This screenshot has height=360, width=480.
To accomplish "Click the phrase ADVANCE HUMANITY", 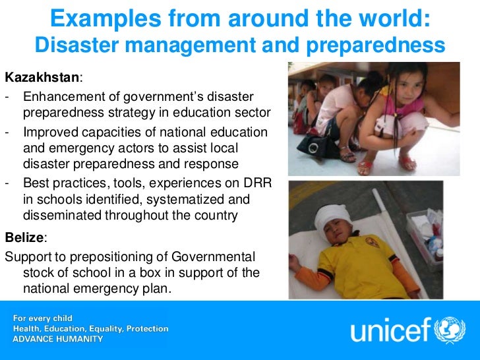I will pos(58,339).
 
